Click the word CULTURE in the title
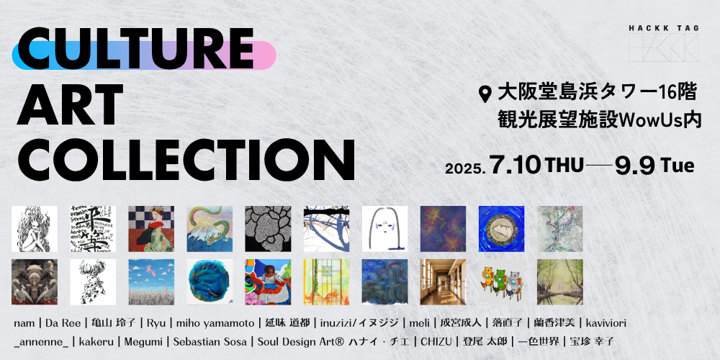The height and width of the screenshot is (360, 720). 135,48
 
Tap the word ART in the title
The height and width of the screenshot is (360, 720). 70,105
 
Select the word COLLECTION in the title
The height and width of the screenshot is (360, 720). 186,160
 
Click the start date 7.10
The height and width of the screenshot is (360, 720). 515,166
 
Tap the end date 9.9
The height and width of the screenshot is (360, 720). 635,166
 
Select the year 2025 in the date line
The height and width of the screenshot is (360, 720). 465,169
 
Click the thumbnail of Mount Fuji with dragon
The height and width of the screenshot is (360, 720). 210,229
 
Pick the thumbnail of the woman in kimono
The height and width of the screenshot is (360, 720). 151,229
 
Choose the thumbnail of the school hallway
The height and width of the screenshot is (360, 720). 443,282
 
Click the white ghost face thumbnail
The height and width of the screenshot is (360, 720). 384,229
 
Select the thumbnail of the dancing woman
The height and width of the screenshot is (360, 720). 268,282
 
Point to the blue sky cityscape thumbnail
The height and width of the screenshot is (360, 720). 151,282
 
